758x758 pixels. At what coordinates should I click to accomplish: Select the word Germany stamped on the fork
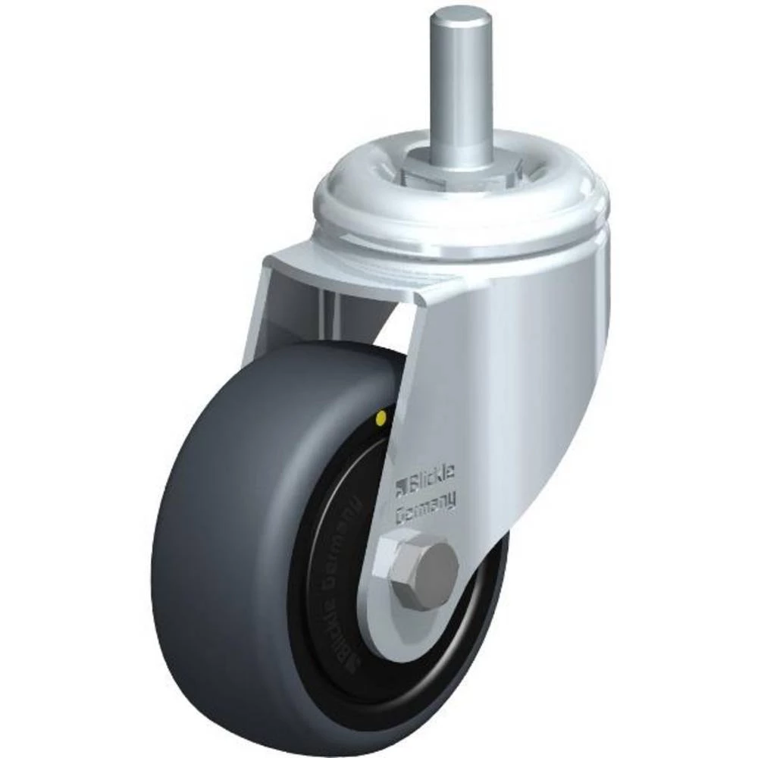pyautogui.click(x=426, y=506)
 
